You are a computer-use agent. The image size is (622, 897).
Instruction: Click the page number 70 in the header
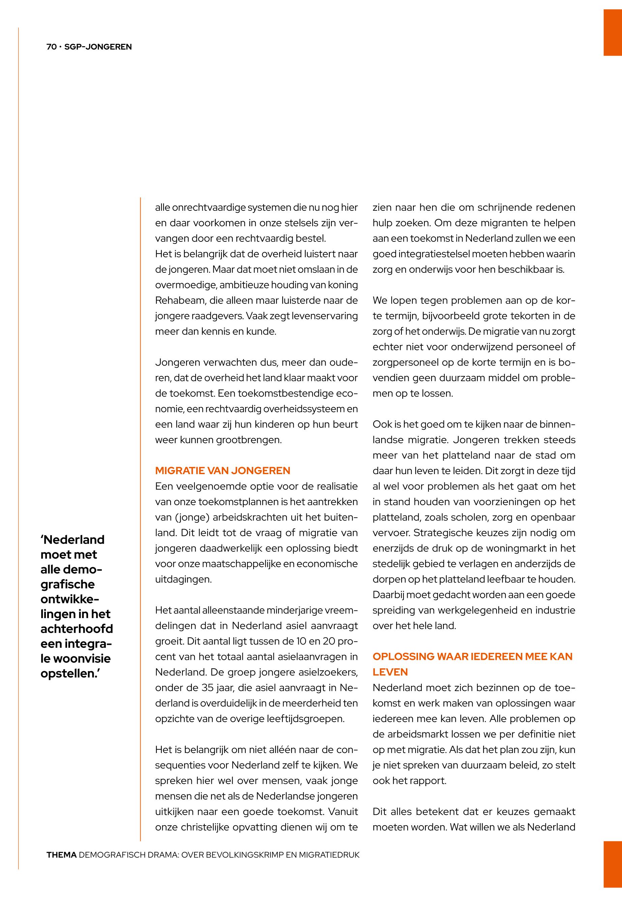51,47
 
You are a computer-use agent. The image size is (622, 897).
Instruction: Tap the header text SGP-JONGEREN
98,47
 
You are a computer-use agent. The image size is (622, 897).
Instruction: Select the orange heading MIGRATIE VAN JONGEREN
223,470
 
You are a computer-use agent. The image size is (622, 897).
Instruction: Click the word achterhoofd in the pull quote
77,629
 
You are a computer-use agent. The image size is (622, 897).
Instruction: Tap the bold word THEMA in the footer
61,855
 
